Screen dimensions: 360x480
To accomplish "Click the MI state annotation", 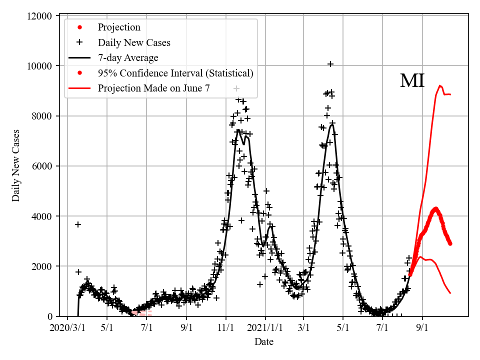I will (412, 81).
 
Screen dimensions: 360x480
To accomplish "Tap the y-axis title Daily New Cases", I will (16, 165).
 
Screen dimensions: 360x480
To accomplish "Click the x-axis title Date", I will (263, 342).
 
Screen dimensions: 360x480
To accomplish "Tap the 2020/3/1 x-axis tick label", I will (67, 328).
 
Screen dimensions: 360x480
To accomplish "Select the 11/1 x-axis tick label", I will (225, 328).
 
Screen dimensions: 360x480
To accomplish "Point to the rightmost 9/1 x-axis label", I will (422, 328).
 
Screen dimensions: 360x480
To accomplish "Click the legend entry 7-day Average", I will (128, 58).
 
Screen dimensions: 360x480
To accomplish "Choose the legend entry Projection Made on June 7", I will (153, 88).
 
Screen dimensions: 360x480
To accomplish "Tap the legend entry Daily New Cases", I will (134, 42).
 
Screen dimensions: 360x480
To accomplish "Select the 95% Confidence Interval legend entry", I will (175, 73).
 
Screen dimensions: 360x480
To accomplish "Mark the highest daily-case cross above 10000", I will (330, 64).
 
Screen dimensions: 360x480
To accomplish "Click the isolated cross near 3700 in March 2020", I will (78, 224).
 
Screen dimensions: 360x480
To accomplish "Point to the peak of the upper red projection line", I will (439, 85).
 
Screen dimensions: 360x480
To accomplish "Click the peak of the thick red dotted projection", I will (435, 208).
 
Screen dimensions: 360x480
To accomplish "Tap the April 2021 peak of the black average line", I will (331, 124).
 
